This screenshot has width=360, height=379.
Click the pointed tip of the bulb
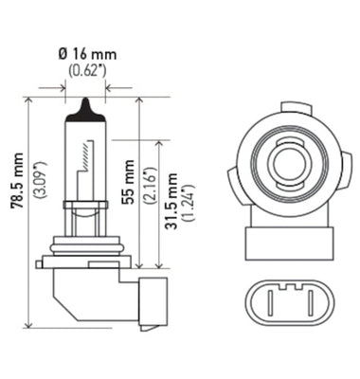tap(84, 103)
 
